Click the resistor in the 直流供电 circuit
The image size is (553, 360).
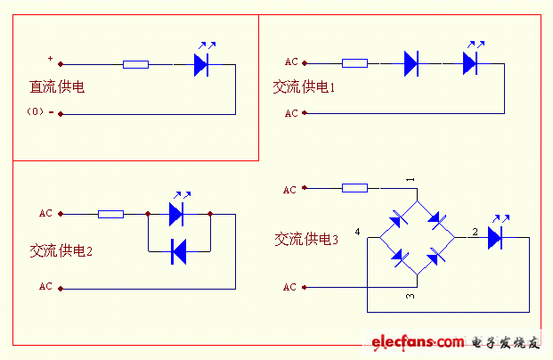coord(135,64)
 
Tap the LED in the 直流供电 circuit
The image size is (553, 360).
coord(201,63)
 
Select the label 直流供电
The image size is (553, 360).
coord(57,87)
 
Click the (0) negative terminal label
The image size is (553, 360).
coord(37,112)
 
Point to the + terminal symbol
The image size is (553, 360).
coord(50,60)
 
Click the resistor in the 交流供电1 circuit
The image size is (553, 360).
coord(354,63)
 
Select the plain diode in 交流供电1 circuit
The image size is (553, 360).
coord(411,63)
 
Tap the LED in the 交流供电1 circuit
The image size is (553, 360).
coord(471,62)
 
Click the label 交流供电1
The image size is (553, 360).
coord(304,87)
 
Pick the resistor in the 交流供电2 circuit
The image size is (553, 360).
coord(110,214)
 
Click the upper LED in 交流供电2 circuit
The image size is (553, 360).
coord(177,214)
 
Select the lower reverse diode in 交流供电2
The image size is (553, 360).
coord(177,253)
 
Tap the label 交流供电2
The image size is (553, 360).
coord(61,251)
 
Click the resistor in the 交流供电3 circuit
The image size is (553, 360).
coord(354,188)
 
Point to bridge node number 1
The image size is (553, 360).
coord(411,180)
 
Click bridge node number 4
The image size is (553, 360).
coord(357,232)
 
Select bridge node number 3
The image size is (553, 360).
coord(411,295)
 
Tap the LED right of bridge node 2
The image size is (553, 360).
coord(496,237)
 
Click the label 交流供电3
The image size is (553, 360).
coord(306,239)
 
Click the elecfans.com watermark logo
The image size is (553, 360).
coord(418,342)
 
